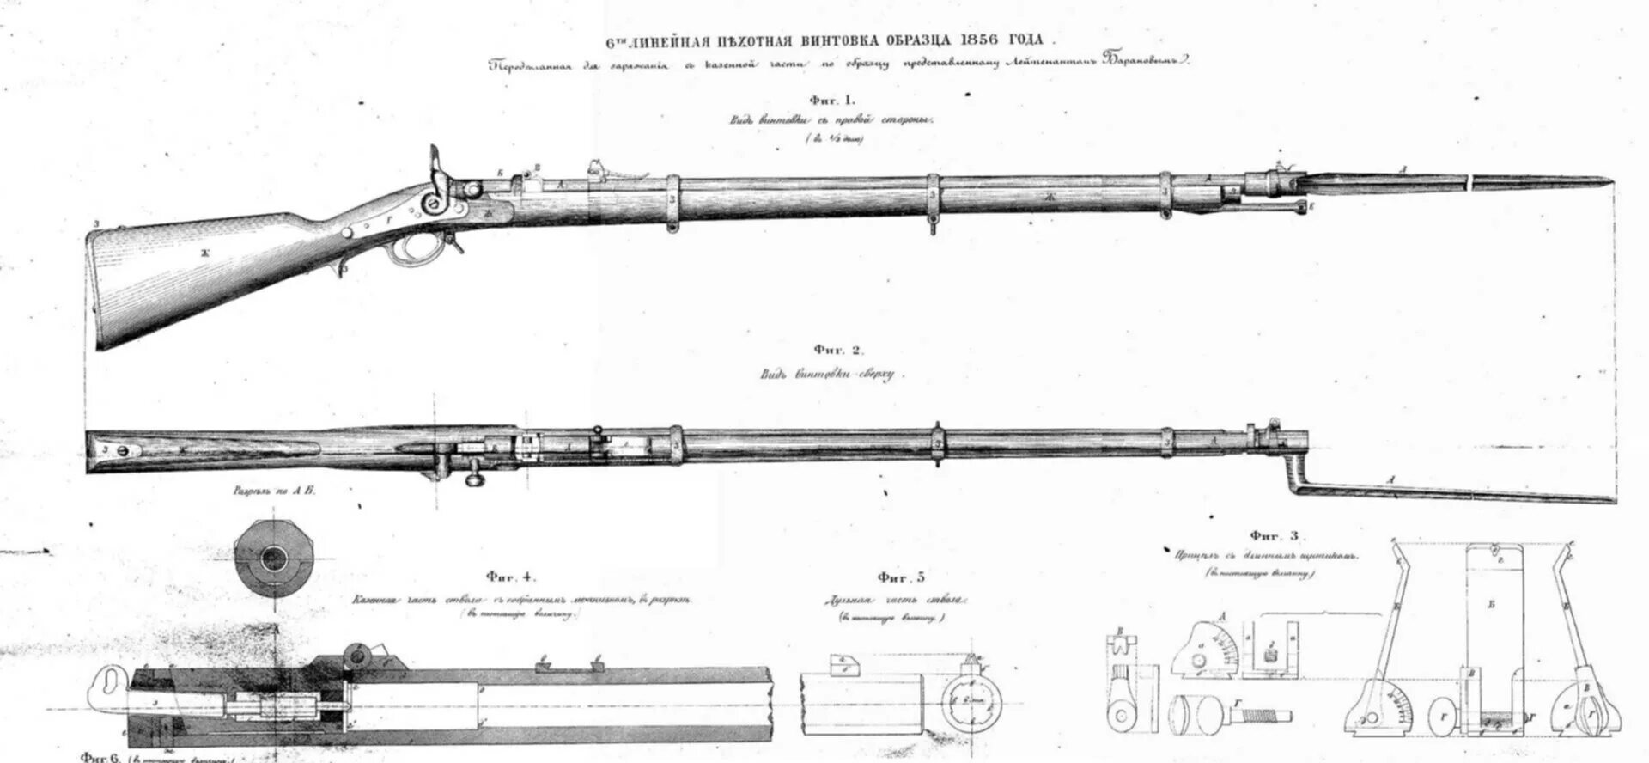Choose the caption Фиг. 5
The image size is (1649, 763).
pos(901,578)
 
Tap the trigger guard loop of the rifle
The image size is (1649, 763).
pos(410,249)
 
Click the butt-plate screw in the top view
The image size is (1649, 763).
pos(123,449)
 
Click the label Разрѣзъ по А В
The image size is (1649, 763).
pos(274,493)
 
